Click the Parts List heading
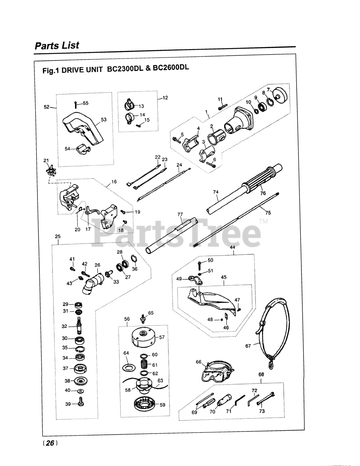pyautogui.click(x=57, y=46)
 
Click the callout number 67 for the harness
pyautogui.click(x=248, y=346)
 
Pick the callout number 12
pyautogui.click(x=165, y=98)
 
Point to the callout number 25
pyautogui.click(x=58, y=237)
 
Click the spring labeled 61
pyautogui.click(x=145, y=364)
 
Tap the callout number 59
pyautogui.click(x=162, y=404)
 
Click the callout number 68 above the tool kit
pyautogui.click(x=261, y=374)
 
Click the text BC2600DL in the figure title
pyautogui.click(x=171, y=68)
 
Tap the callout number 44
pyautogui.click(x=233, y=248)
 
